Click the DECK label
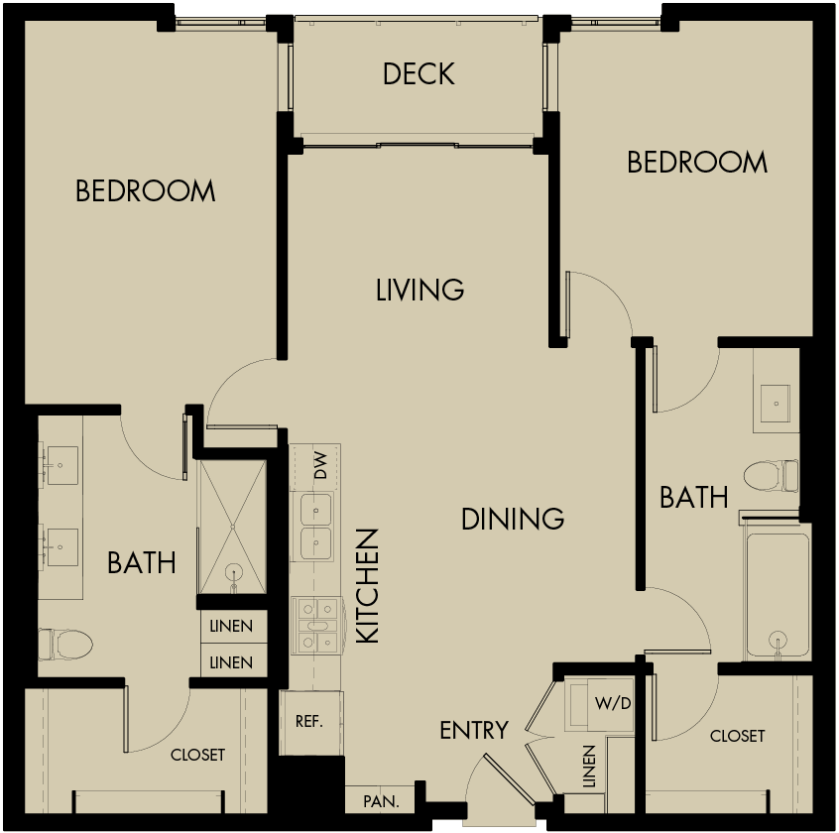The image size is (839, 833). [x=419, y=74]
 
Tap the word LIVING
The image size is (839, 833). [x=420, y=290]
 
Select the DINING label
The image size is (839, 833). [x=513, y=519]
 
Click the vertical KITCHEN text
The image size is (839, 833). [x=367, y=586]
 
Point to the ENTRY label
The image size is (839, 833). [x=474, y=731]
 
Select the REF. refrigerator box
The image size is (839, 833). [x=309, y=721]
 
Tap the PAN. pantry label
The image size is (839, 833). [x=381, y=800]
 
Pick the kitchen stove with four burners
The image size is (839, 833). [x=316, y=626]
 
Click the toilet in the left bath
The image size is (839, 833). [x=66, y=644]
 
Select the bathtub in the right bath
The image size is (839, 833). [x=779, y=595]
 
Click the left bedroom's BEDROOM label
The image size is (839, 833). [x=145, y=190]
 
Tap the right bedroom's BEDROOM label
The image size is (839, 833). [x=697, y=162]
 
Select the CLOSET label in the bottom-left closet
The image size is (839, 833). [x=197, y=755]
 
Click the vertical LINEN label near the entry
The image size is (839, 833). [x=589, y=767]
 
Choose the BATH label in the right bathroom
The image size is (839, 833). [x=694, y=497]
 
